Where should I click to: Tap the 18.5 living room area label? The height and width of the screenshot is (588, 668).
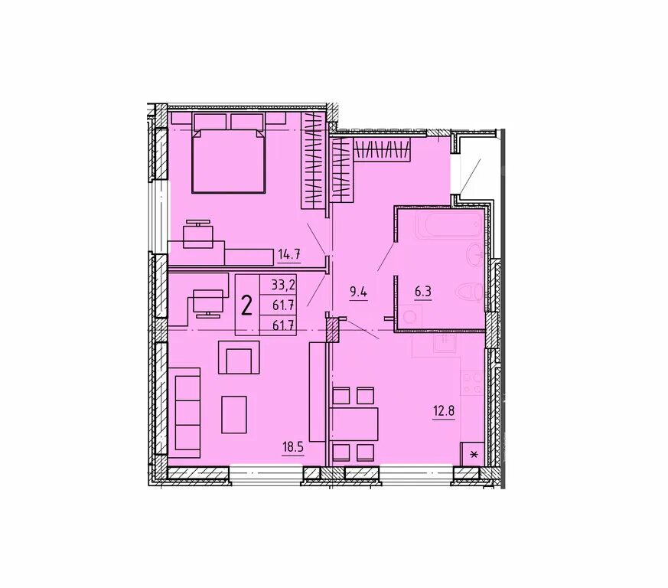point(292,448)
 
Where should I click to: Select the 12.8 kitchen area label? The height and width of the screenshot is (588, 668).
point(444,411)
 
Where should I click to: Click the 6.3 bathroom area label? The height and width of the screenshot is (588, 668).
point(423,292)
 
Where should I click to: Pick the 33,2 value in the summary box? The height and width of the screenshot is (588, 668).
point(283,283)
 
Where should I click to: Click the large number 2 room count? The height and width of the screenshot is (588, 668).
point(246,305)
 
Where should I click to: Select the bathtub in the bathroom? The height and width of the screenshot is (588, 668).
point(449,224)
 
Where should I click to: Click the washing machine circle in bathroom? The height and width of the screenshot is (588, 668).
point(410,318)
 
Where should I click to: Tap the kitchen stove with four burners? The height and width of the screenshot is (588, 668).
point(472,383)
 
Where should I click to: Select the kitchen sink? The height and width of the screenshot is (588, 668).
point(445,342)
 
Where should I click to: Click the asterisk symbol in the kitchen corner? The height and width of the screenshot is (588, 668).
point(473,455)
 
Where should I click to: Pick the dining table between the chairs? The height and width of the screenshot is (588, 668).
point(355,424)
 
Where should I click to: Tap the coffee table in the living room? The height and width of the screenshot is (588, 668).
point(234,414)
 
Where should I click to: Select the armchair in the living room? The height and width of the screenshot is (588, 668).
point(239,358)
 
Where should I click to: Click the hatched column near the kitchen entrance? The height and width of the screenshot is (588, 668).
point(332,330)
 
